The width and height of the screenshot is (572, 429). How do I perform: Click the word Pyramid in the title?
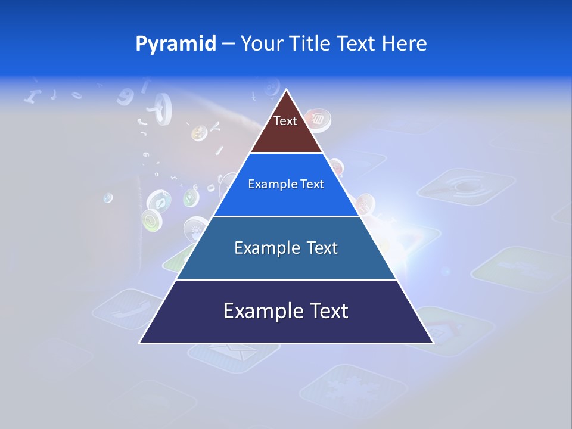[176, 44]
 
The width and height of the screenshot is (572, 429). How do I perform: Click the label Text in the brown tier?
[285, 122]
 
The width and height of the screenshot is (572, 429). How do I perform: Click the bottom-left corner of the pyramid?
[140, 343]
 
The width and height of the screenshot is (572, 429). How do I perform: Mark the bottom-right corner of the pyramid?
[433, 343]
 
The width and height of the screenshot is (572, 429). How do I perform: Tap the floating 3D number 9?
[126, 95]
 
